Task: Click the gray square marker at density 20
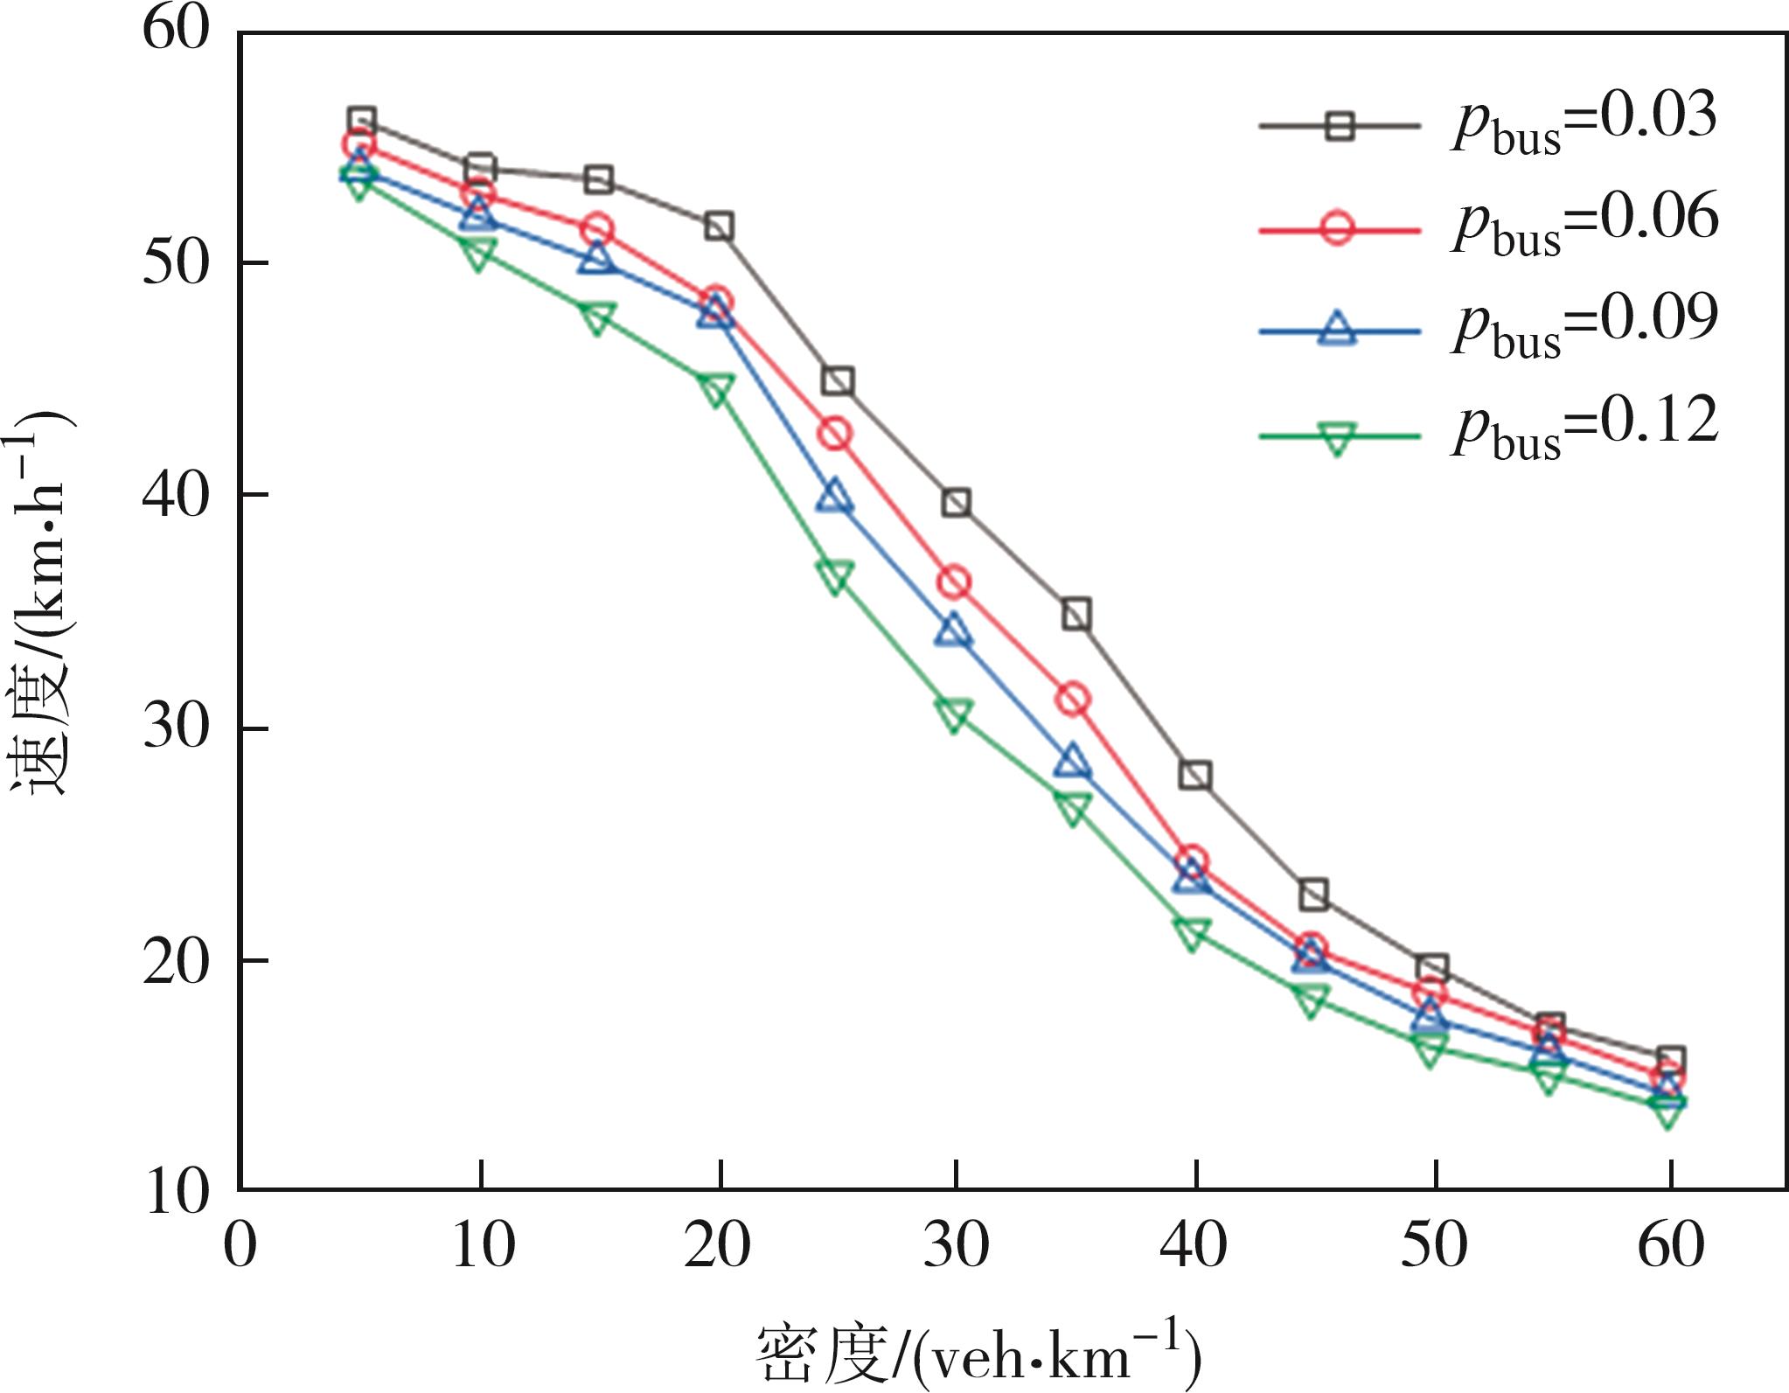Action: click(x=719, y=227)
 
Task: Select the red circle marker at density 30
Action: click(x=954, y=582)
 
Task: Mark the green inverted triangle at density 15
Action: click(x=597, y=319)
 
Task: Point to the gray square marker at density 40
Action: click(x=1194, y=775)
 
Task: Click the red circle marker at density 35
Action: click(x=1073, y=700)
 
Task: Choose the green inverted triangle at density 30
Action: click(x=954, y=715)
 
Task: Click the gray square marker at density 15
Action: click(x=598, y=180)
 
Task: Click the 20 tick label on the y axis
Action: click(x=176, y=961)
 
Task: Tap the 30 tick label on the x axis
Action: click(x=956, y=1244)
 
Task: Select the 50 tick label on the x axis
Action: click(x=1434, y=1244)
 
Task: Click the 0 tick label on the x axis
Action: click(x=240, y=1244)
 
